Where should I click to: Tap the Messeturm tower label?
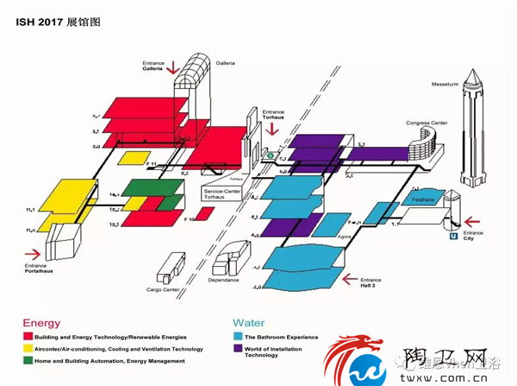[446, 84]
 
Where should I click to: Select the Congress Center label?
[426, 123]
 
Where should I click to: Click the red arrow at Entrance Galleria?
[173, 66]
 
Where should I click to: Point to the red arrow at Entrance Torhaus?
[273, 129]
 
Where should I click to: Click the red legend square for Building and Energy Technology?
[28, 337]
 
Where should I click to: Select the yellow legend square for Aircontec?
[28, 349]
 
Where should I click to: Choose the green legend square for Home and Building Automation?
[28, 361]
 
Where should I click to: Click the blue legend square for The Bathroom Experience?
[237, 337]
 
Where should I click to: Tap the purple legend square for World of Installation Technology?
[237, 349]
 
